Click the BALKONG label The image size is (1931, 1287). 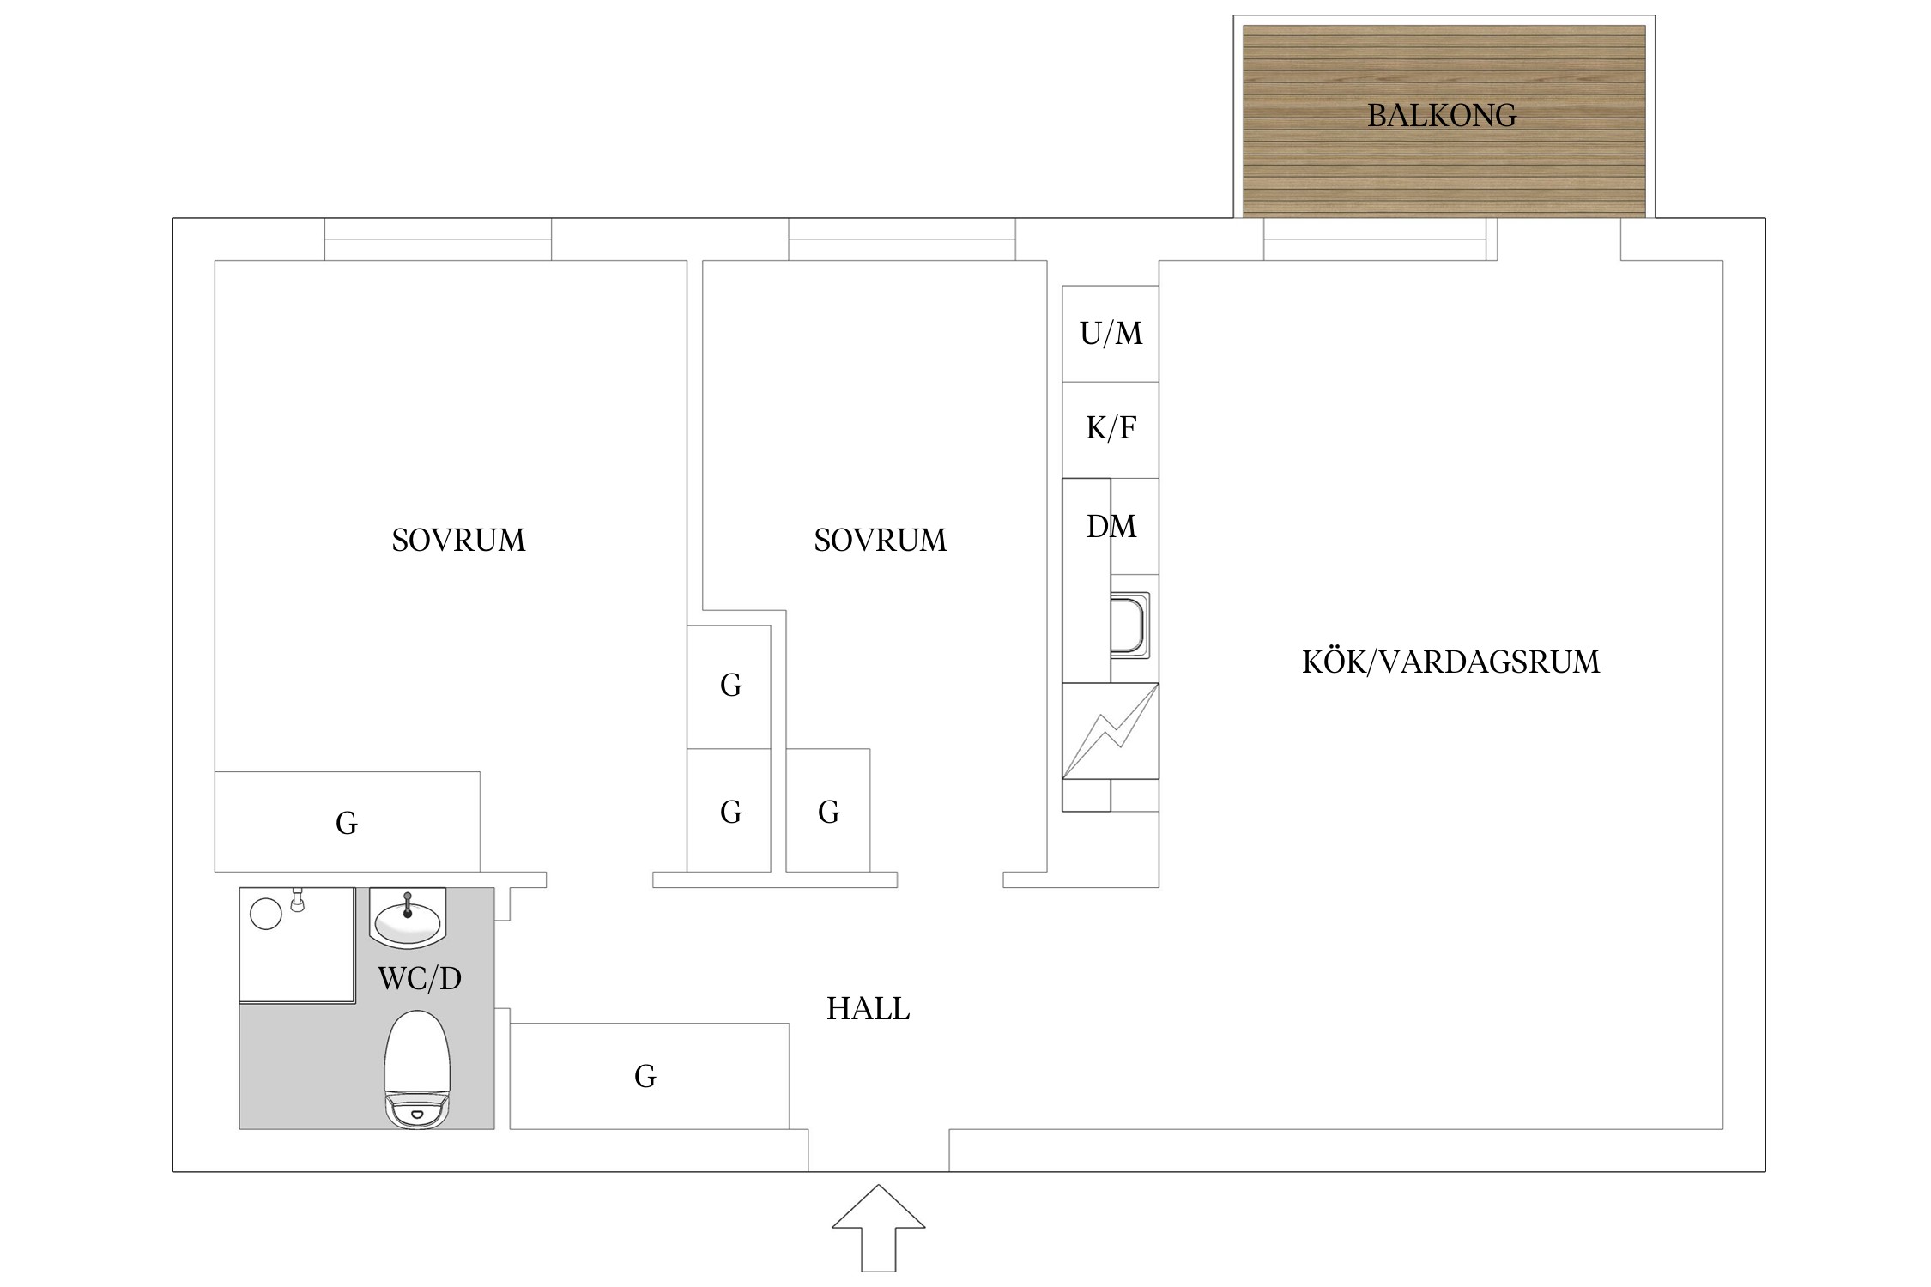coord(1442,115)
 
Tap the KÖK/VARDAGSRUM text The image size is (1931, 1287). coord(1450,662)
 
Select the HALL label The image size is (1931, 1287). coord(868,1009)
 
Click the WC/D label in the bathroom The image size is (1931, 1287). coord(420,978)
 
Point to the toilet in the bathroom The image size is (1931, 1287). coord(417,1069)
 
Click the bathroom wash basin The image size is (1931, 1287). coord(408,918)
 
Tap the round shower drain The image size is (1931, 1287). coord(265,913)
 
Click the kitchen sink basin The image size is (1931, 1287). coord(1129,625)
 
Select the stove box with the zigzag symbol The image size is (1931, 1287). coord(1111,731)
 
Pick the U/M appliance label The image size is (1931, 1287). coord(1111,334)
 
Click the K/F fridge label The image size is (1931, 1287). coord(1111,427)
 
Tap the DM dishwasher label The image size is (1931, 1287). coord(1111,526)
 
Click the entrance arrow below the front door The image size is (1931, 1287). coord(878,1229)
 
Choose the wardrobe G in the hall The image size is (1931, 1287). coord(645,1076)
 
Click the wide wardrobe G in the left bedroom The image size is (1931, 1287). coord(347,823)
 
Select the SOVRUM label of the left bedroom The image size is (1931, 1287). coord(458,540)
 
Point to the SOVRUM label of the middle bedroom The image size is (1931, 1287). coord(881,540)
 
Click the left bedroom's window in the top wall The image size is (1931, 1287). coord(438,239)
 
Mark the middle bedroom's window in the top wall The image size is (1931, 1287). coord(902,239)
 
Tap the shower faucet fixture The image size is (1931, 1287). coord(298,900)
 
